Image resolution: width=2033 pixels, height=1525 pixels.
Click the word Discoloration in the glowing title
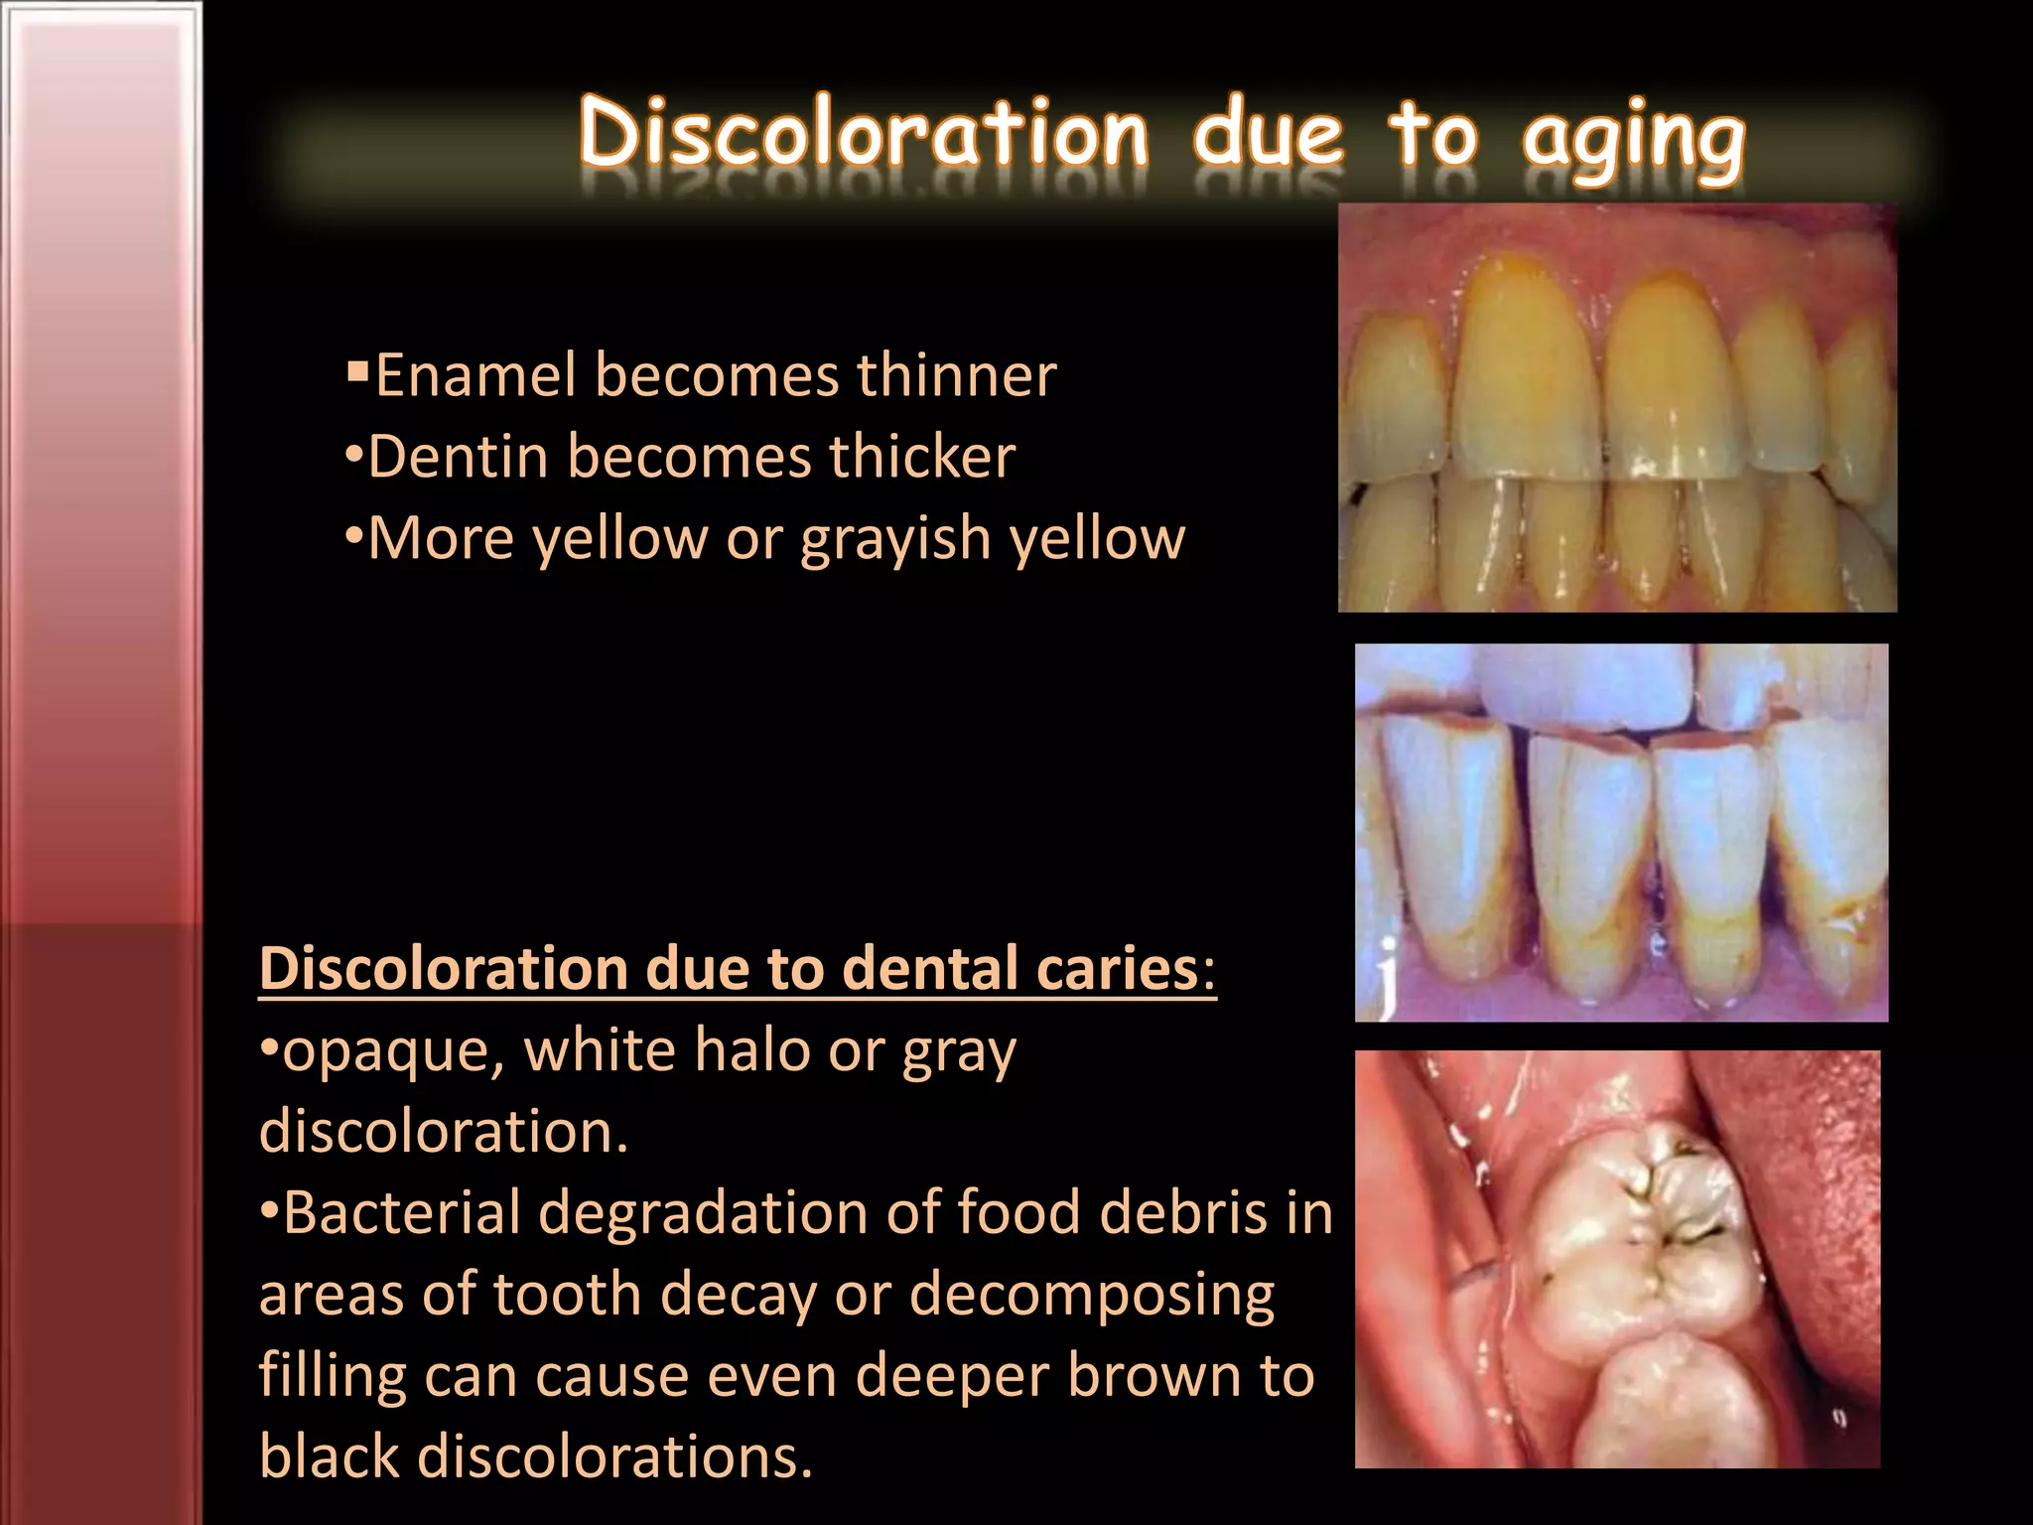(x=864, y=134)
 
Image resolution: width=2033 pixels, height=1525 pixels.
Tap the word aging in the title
(x=1633, y=139)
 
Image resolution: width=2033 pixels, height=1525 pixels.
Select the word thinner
(x=956, y=376)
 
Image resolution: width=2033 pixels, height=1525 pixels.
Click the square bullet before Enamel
(x=357, y=374)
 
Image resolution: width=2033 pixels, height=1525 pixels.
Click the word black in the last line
(x=330, y=1457)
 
